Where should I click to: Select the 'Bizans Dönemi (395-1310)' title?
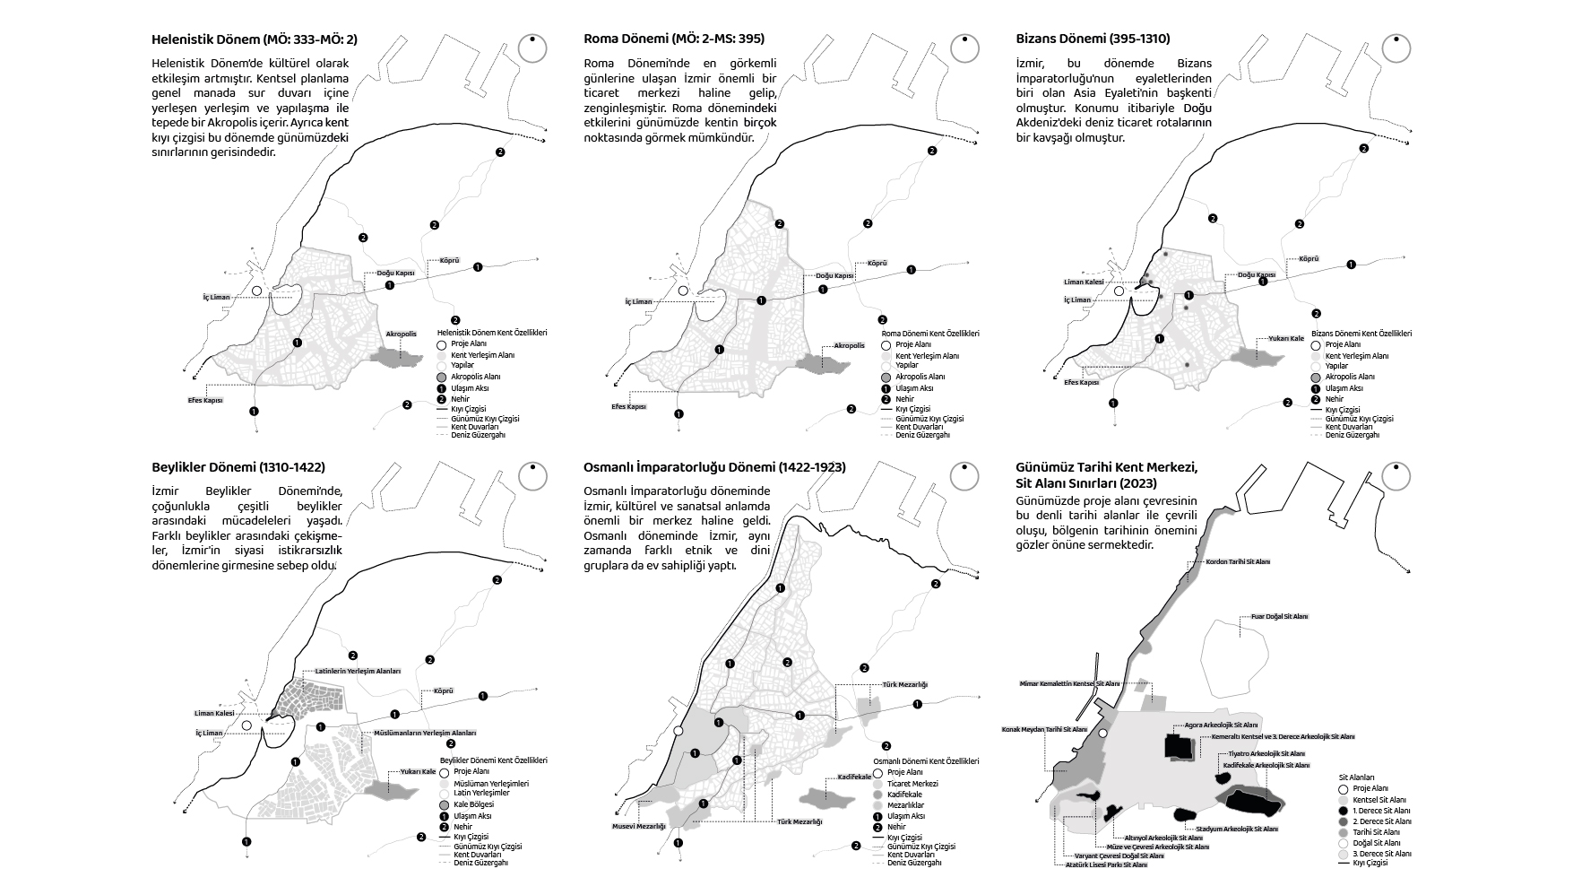[x=1093, y=39]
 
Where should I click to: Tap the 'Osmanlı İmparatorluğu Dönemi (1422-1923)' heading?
[x=714, y=467]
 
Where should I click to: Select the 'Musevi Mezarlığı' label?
[x=639, y=826]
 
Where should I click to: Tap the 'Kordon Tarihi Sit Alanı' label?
[x=1238, y=562]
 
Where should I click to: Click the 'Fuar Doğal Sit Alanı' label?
[x=1279, y=617]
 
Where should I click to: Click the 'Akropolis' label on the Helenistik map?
[x=401, y=334]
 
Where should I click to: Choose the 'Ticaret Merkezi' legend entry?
[x=912, y=784]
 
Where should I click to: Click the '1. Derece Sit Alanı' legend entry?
[x=1381, y=811]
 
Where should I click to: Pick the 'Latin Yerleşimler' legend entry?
[x=481, y=794]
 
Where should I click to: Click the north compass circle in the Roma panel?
[x=964, y=48]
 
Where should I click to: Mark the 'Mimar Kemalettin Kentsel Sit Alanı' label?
[x=1069, y=683]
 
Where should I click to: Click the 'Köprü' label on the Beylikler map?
[x=444, y=691]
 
